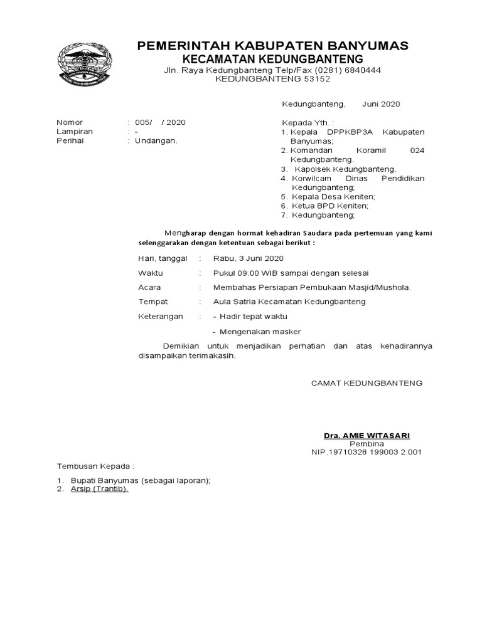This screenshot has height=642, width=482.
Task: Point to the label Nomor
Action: click(70, 122)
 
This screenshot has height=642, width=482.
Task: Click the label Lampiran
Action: click(75, 132)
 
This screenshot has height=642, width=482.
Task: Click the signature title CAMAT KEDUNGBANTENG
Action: click(367, 382)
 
